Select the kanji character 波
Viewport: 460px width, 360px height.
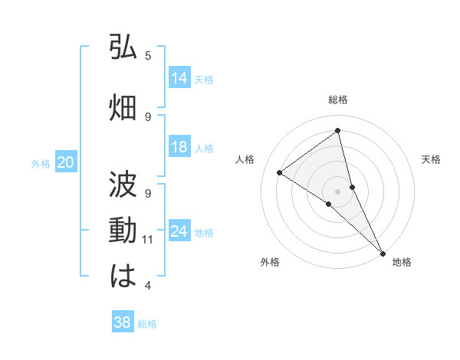pyautogui.click(x=123, y=184)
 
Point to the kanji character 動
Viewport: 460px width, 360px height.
pyautogui.click(x=123, y=231)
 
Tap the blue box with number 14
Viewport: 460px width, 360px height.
pyautogui.click(x=179, y=77)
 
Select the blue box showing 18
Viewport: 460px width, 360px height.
pyautogui.click(x=179, y=147)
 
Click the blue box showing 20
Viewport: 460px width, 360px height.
pyautogui.click(x=66, y=162)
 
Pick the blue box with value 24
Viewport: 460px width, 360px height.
pyautogui.click(x=179, y=231)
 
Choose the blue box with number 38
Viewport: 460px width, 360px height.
pyautogui.click(x=123, y=322)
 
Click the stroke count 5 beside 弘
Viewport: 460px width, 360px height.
pyautogui.click(x=148, y=55)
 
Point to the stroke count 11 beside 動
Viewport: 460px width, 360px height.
pyautogui.click(x=148, y=240)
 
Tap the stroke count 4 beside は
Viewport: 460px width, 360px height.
pyautogui.click(x=148, y=286)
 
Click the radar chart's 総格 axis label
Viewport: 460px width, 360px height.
pyautogui.click(x=337, y=100)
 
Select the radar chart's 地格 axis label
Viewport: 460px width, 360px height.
pyautogui.click(x=402, y=262)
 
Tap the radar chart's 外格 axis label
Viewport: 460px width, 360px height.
pyautogui.click(x=270, y=262)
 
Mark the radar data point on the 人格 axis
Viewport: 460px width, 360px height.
pyautogui.click(x=279, y=172)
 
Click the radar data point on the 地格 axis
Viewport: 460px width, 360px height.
pyautogui.click(x=383, y=252)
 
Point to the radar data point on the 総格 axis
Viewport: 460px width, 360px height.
pyautogui.click(x=337, y=131)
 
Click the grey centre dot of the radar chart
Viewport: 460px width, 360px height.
pyautogui.click(x=337, y=190)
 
